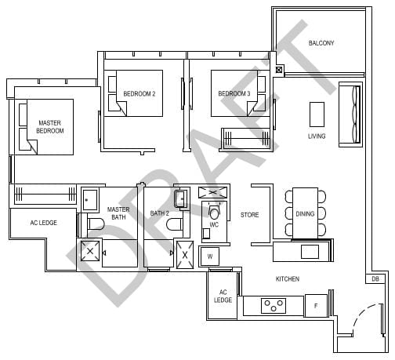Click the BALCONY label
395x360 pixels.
click(x=321, y=43)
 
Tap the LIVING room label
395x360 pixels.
click(x=317, y=136)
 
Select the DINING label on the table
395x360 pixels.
click(x=305, y=213)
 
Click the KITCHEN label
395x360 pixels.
click(x=287, y=279)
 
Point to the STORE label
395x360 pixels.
click(x=249, y=214)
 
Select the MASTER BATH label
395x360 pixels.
click(x=118, y=213)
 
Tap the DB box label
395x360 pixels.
click(x=375, y=278)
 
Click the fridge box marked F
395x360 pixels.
click(x=316, y=306)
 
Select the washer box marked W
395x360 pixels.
click(x=209, y=255)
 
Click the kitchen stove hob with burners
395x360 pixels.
click(x=276, y=306)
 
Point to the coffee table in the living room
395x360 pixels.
click(x=317, y=114)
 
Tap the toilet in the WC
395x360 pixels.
click(x=215, y=213)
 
